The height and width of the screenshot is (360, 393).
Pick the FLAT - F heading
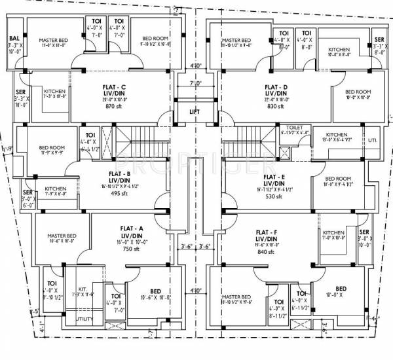coord(270,232)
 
